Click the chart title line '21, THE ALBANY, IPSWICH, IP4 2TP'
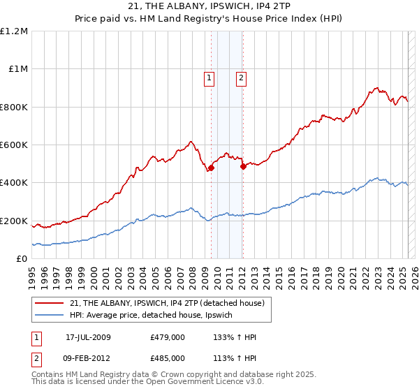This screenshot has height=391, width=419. (x=209, y=6)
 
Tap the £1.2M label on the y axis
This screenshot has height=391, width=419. (x=15, y=31)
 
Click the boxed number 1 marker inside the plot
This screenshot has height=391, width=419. (x=210, y=78)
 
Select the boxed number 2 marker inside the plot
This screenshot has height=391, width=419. (x=241, y=78)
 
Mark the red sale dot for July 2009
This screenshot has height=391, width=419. (x=211, y=168)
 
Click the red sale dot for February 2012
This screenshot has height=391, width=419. (x=243, y=167)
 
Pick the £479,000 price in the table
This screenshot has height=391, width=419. (x=168, y=337)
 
